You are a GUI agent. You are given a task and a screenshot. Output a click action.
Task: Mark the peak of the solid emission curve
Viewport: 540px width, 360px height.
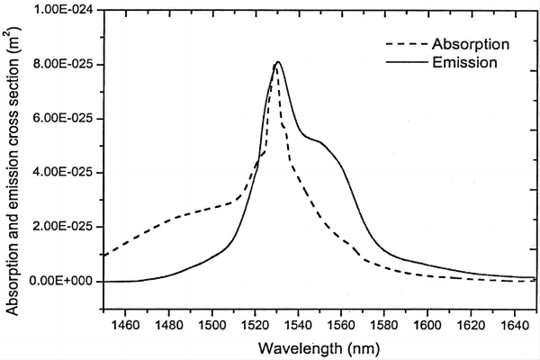(x=278, y=62)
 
